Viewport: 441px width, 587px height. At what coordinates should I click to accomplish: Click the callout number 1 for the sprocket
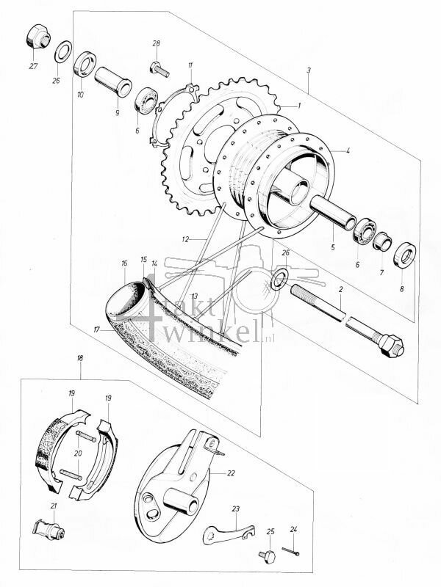(299, 106)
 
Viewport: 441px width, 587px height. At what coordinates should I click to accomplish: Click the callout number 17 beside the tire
(96, 329)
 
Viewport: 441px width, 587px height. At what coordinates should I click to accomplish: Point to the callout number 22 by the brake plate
(231, 473)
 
